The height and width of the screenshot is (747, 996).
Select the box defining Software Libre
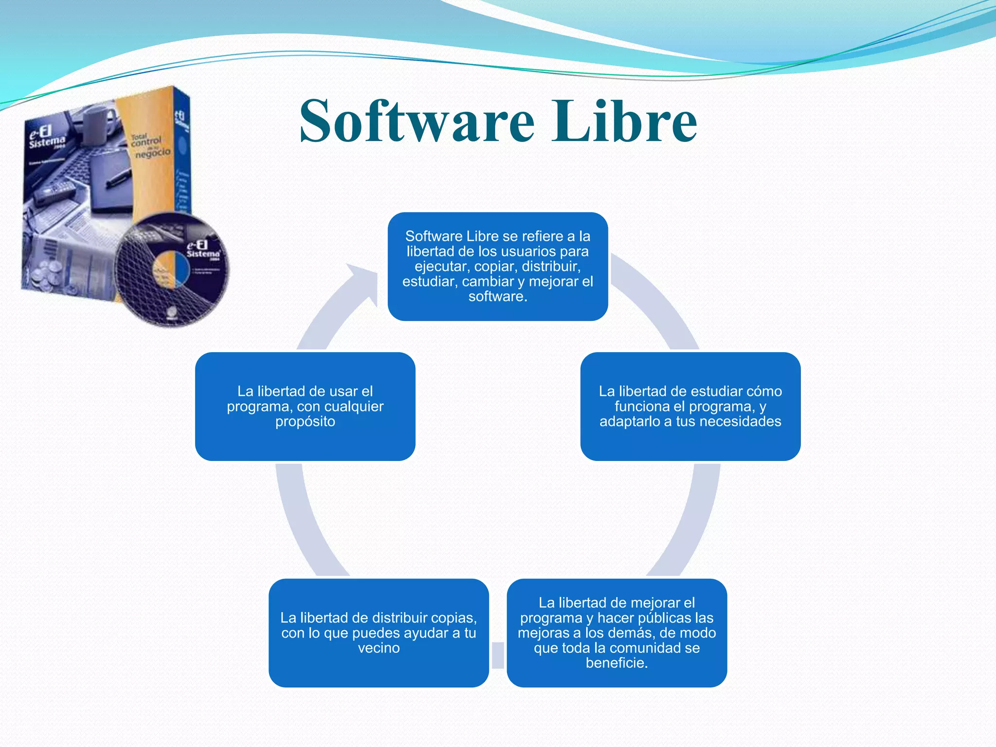tap(498, 266)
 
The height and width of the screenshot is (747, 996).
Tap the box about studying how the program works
tap(690, 406)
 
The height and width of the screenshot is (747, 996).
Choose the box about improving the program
tap(617, 632)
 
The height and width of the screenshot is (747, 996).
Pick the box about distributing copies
tap(378, 632)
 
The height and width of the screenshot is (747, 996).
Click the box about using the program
tap(305, 406)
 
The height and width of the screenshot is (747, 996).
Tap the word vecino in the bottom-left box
tap(379, 648)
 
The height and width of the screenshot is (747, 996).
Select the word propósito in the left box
tap(305, 421)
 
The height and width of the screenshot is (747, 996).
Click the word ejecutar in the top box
tap(441, 267)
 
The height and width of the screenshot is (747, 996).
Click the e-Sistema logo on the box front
tap(46, 137)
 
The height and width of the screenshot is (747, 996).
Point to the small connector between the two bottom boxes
tap(498, 655)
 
